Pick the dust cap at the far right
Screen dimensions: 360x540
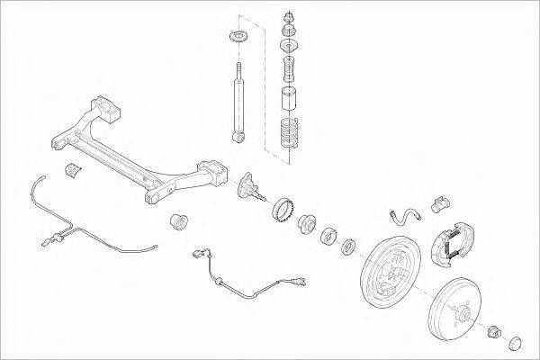(x=516, y=342)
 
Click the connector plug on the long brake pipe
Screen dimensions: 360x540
(x=51, y=239)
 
